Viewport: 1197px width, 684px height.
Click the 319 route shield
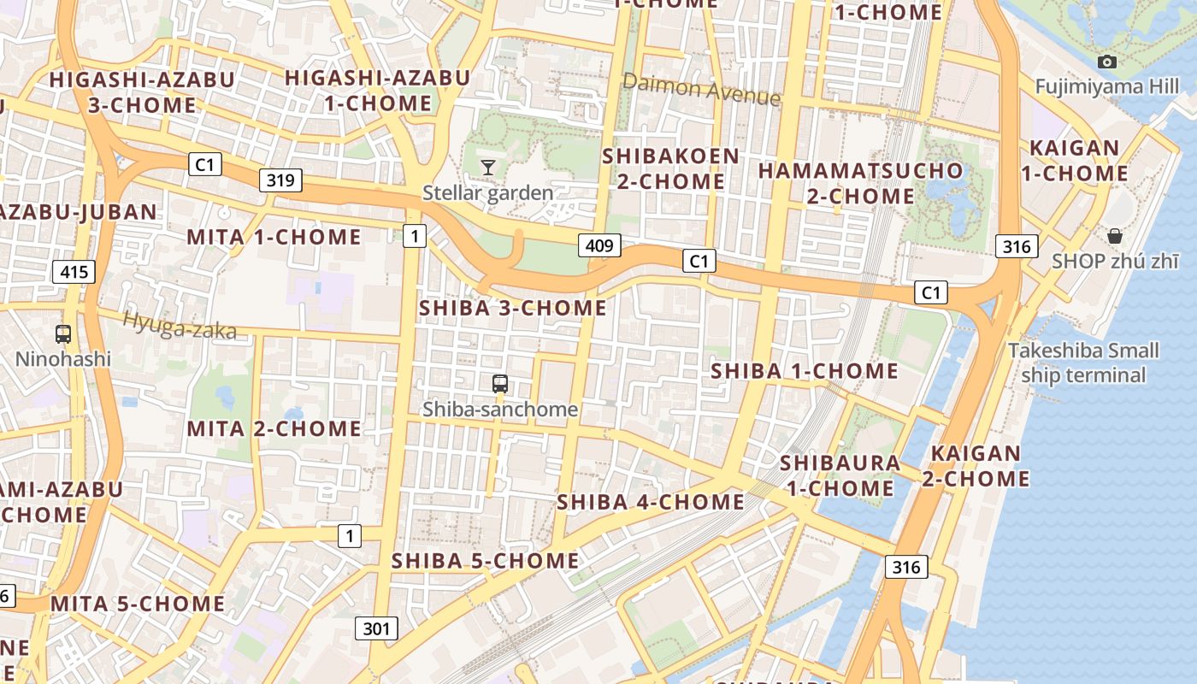(x=280, y=180)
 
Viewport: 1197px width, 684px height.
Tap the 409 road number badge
(x=599, y=246)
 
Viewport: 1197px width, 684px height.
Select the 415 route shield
(x=74, y=273)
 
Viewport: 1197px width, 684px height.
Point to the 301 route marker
(x=376, y=629)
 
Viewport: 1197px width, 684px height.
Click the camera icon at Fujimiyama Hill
(x=1107, y=62)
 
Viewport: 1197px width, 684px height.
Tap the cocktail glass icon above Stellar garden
(x=488, y=167)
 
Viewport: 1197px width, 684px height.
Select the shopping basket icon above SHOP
(x=1115, y=236)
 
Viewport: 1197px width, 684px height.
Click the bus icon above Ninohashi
(x=63, y=333)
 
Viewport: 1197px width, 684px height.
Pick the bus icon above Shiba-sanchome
(x=500, y=384)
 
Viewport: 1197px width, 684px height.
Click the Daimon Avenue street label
(x=701, y=89)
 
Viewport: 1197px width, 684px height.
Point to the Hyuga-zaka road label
(x=179, y=325)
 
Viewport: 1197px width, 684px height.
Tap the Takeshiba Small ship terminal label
(x=1083, y=363)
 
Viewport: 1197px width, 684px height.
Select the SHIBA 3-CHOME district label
(x=513, y=308)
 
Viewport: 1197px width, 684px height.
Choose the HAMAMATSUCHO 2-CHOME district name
(x=861, y=183)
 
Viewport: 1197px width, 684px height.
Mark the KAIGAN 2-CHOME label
(x=976, y=466)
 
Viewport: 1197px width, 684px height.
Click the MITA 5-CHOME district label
(x=138, y=604)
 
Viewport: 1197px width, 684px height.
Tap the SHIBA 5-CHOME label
(x=485, y=561)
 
